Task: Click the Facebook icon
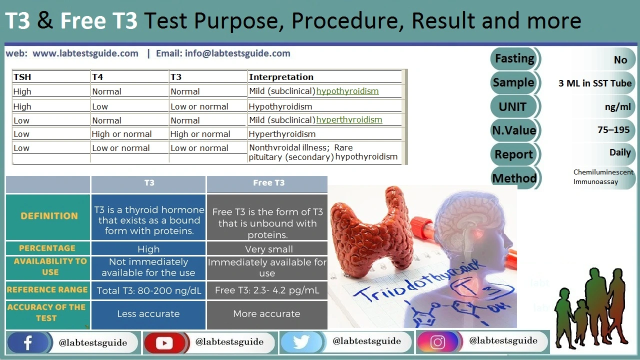(28, 342)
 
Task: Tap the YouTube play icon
(164, 342)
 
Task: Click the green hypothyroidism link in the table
(347, 91)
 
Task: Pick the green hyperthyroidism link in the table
(349, 119)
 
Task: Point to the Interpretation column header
(281, 77)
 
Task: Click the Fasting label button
(514, 58)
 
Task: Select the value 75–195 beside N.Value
(613, 129)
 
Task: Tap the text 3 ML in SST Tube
(595, 83)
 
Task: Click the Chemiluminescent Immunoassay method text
(603, 177)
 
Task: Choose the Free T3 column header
(268, 183)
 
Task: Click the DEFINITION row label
(49, 216)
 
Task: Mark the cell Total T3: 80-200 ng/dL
(148, 290)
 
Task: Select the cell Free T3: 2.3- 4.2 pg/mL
(267, 290)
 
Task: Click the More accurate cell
(266, 314)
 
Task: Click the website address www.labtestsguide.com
(85, 53)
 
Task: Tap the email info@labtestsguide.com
(237, 53)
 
